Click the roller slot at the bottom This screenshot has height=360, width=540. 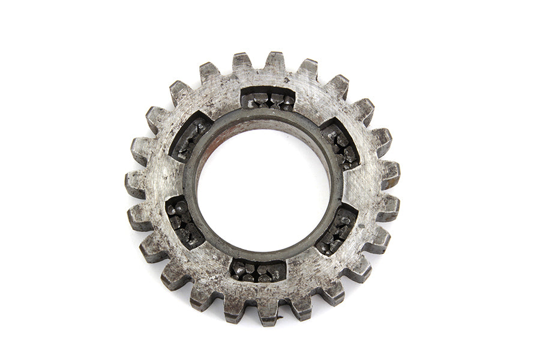pos(258,271)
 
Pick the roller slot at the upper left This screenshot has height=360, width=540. pos(191,137)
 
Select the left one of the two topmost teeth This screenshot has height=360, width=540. pos(242,62)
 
